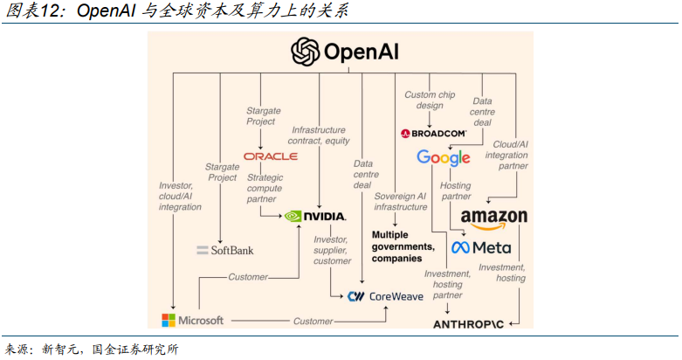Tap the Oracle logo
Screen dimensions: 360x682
point(271,156)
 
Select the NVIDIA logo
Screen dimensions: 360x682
point(316,215)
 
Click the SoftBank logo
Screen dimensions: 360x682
point(227,250)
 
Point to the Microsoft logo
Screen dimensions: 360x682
point(193,321)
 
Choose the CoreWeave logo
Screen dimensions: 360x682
point(385,296)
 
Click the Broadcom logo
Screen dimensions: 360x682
point(433,134)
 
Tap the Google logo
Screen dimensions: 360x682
point(444,158)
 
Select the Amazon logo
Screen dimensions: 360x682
point(493,218)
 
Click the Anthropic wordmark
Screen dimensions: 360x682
point(470,324)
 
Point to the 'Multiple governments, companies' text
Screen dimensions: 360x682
point(403,246)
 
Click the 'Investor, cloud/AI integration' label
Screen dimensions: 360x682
point(180,196)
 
